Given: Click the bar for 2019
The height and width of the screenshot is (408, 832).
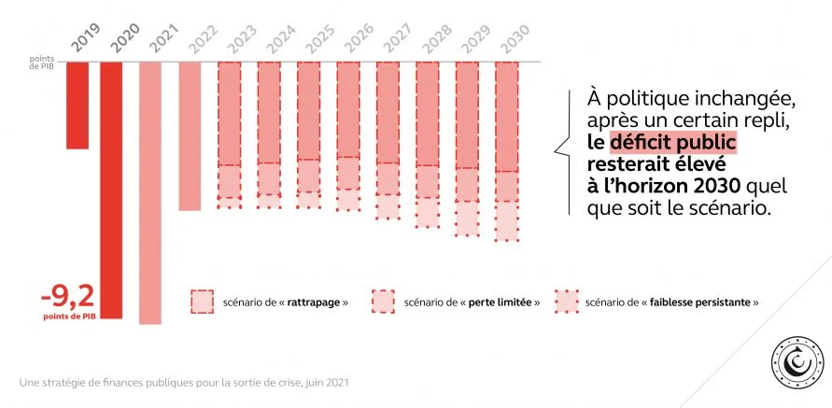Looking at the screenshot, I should click(78, 105).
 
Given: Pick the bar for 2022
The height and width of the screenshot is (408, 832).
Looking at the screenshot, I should click(190, 135).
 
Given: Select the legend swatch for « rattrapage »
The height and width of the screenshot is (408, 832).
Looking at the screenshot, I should click(202, 302).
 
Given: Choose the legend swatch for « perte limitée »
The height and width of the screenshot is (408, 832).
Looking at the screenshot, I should click(383, 302).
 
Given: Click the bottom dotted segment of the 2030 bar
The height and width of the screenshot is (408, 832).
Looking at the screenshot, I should click(507, 221).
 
